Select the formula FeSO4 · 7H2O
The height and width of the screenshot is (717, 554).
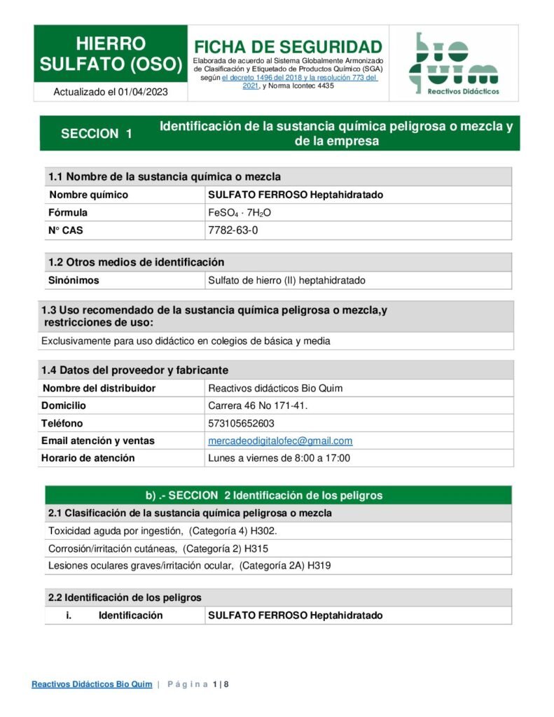pos(240,212)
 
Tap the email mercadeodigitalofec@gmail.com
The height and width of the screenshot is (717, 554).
pos(280,440)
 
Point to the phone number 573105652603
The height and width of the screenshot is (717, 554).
pos(242,423)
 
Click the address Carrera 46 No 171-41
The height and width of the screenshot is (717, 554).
pos(258,405)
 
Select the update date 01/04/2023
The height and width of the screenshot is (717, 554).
pos(143,92)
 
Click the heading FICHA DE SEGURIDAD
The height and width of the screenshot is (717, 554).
pos(288,47)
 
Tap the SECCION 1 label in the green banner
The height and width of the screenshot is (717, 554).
pos(97,134)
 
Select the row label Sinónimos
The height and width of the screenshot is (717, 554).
pos(74,280)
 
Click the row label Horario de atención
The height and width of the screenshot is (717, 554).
pos(88,458)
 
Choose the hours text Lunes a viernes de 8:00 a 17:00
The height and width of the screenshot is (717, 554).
pos(279,458)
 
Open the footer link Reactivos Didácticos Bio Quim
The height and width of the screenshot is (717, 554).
pos(92,684)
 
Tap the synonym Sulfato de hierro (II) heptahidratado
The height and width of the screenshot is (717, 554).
pos(287,280)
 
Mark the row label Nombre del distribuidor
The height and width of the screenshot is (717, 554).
pos(99,388)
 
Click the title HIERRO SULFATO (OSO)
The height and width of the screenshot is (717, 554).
pos(111,54)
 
